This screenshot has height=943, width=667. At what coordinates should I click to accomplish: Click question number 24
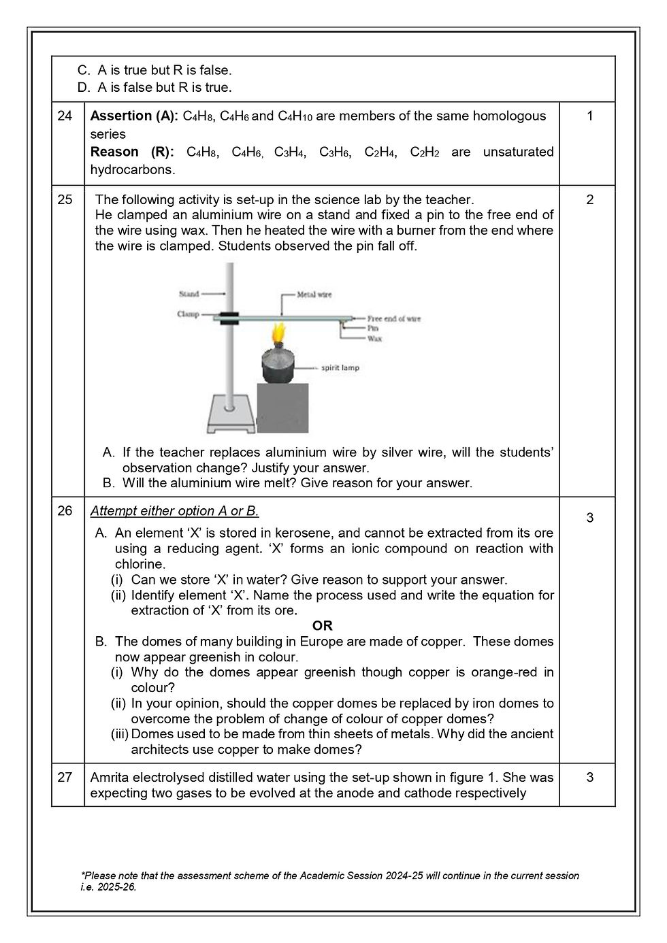65,116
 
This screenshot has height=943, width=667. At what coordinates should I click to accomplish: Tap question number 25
65,199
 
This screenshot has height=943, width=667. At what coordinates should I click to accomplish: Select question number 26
65,510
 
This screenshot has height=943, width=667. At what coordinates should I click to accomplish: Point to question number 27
65,777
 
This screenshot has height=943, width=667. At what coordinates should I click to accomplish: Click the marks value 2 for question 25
589,199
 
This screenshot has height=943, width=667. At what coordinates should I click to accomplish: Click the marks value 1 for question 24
589,116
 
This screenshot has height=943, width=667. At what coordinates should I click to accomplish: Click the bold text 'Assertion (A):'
134,116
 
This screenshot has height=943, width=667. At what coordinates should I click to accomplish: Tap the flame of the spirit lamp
277,335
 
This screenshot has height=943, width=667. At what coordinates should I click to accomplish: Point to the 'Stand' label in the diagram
189,294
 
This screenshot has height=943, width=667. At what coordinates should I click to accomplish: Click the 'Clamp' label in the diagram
188,314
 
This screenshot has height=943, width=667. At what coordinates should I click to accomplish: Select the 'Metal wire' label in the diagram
314,295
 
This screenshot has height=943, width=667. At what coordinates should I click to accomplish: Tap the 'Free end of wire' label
394,318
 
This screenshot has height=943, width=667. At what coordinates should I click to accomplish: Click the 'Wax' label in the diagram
374,338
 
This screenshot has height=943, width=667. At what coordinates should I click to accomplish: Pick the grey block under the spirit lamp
282,408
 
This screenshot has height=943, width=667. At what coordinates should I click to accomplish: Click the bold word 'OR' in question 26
322,626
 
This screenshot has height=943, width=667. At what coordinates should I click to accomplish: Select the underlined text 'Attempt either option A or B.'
174,510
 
